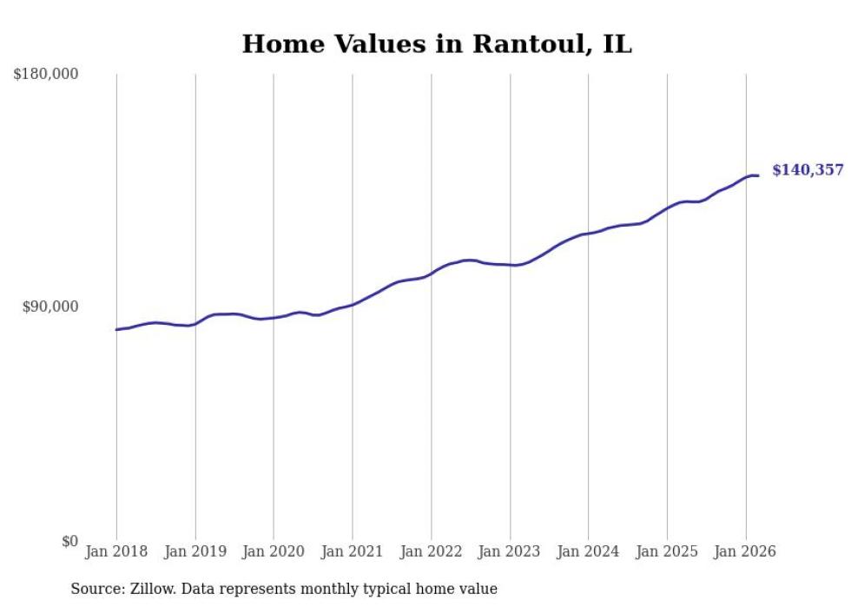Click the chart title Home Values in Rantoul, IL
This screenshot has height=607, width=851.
pos(437,44)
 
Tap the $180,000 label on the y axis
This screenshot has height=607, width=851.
pos(46,75)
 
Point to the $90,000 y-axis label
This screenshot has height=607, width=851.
pos(49,307)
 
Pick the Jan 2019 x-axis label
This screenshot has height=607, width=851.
pos(195,551)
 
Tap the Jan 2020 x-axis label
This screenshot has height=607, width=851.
pos(274,551)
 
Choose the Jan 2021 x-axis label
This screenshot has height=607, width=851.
pos(352,551)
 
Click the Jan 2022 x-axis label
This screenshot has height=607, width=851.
pos(431,551)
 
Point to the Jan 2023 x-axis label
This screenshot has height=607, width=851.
pos(510,551)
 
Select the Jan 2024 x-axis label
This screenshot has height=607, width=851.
pos(588,551)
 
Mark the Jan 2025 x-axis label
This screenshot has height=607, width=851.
pos(667,551)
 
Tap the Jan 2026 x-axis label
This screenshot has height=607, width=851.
pos(745,551)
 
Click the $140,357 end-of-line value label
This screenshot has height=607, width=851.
pos(808,170)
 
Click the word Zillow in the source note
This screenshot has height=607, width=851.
pos(151,589)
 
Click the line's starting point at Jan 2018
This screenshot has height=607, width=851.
pos(116,329)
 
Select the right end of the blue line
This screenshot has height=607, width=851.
pos(758,175)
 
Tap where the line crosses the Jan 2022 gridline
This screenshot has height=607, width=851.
pos(431,273)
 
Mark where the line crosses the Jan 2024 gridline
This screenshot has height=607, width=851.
pos(588,233)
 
